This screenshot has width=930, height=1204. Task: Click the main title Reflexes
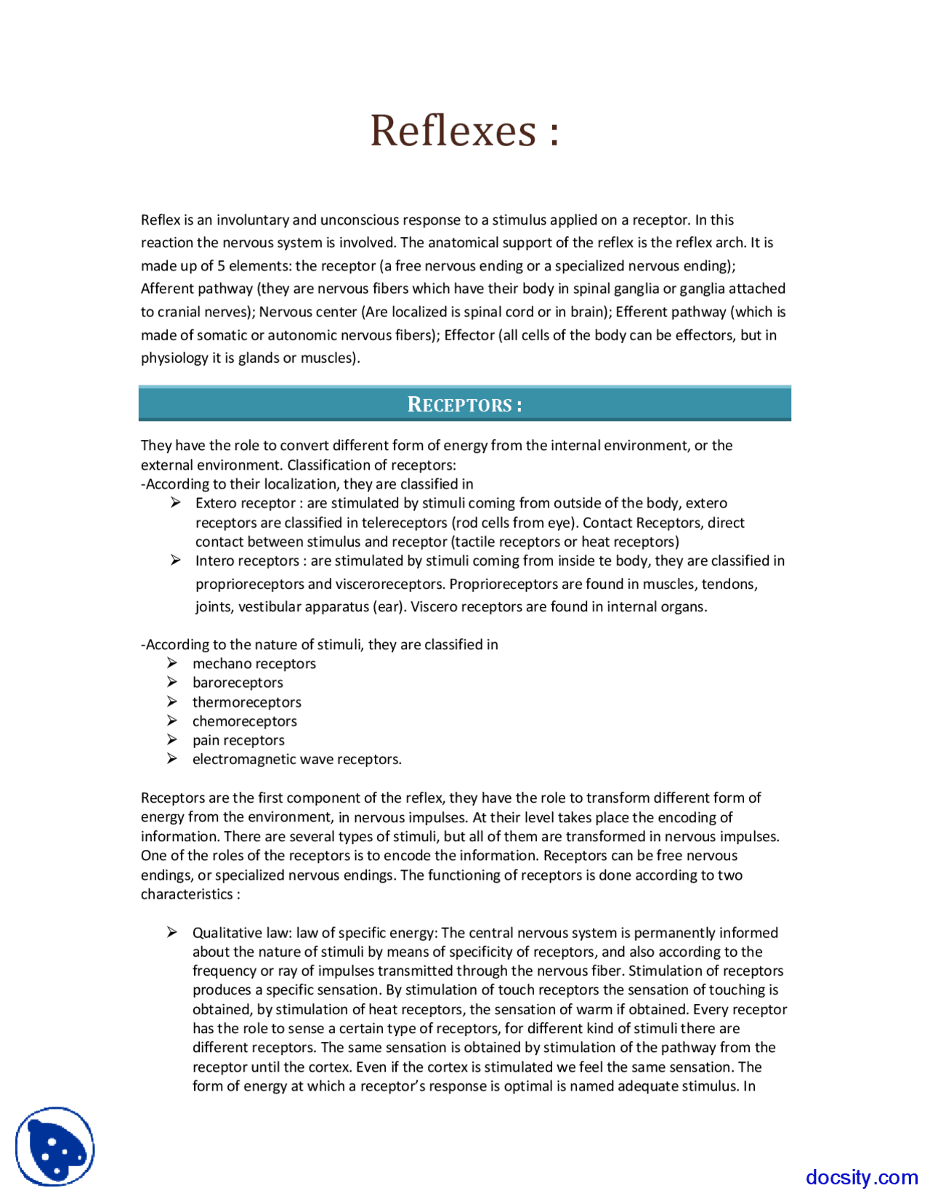pyautogui.click(x=464, y=131)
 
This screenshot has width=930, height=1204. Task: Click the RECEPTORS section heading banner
pyautogui.click(x=464, y=404)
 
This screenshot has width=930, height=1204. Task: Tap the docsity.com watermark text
pyautogui.click(x=861, y=1176)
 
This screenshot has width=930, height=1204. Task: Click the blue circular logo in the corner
pyautogui.click(x=55, y=1147)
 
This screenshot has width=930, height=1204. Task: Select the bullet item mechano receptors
pyautogui.click(x=254, y=663)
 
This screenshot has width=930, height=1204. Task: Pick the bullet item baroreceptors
pyautogui.click(x=238, y=682)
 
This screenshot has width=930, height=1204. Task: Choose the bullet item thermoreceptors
pyautogui.click(x=246, y=702)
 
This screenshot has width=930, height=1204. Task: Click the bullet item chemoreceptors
pyautogui.click(x=244, y=721)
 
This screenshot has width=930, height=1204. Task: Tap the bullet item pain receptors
pyautogui.click(x=238, y=739)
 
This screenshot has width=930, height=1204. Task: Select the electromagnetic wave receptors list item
pyautogui.click(x=296, y=759)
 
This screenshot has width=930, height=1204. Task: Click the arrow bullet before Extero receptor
pyautogui.click(x=175, y=502)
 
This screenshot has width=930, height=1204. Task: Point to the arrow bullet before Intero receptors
pyautogui.click(x=175, y=560)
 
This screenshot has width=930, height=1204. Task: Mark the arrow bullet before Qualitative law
pyautogui.click(x=172, y=932)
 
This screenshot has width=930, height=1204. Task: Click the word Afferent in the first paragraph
pyautogui.click(x=166, y=289)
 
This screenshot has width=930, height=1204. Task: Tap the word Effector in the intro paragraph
pyautogui.click(x=469, y=335)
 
